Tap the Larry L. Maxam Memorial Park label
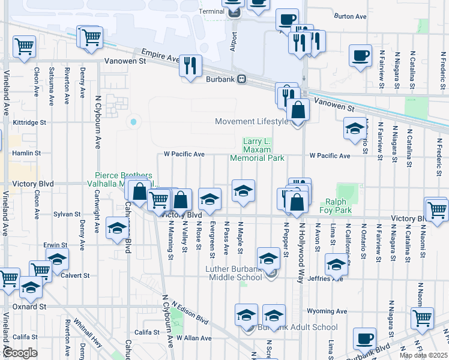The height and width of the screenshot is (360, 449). tap(258, 150)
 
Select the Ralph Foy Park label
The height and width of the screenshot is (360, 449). tap(338, 206)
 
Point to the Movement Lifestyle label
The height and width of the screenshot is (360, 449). tap(252, 122)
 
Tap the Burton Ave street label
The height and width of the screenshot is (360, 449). tap(350, 17)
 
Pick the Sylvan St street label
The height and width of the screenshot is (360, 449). tap(67, 214)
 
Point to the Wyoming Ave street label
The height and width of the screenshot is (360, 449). tap(327, 311)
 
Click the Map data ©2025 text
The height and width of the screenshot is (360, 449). tap(423, 355)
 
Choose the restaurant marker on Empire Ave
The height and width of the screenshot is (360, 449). tap(190, 66)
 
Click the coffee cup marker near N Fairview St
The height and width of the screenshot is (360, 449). tap(360, 55)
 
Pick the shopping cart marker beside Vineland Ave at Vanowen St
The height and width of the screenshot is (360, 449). tap(24, 46)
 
